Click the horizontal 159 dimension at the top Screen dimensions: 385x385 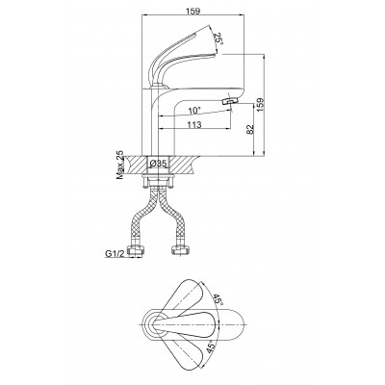[x=192, y=11]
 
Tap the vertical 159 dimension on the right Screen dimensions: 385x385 [x=261, y=105]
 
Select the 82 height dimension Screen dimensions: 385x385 [x=250, y=128]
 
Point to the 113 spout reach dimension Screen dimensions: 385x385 [x=194, y=124]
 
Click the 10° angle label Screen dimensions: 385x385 [x=194, y=111]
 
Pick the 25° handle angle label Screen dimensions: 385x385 [x=218, y=38]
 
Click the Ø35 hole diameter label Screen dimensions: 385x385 [x=159, y=164]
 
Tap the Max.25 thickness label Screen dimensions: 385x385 [x=119, y=165]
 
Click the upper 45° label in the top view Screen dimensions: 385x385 [x=217, y=300]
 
